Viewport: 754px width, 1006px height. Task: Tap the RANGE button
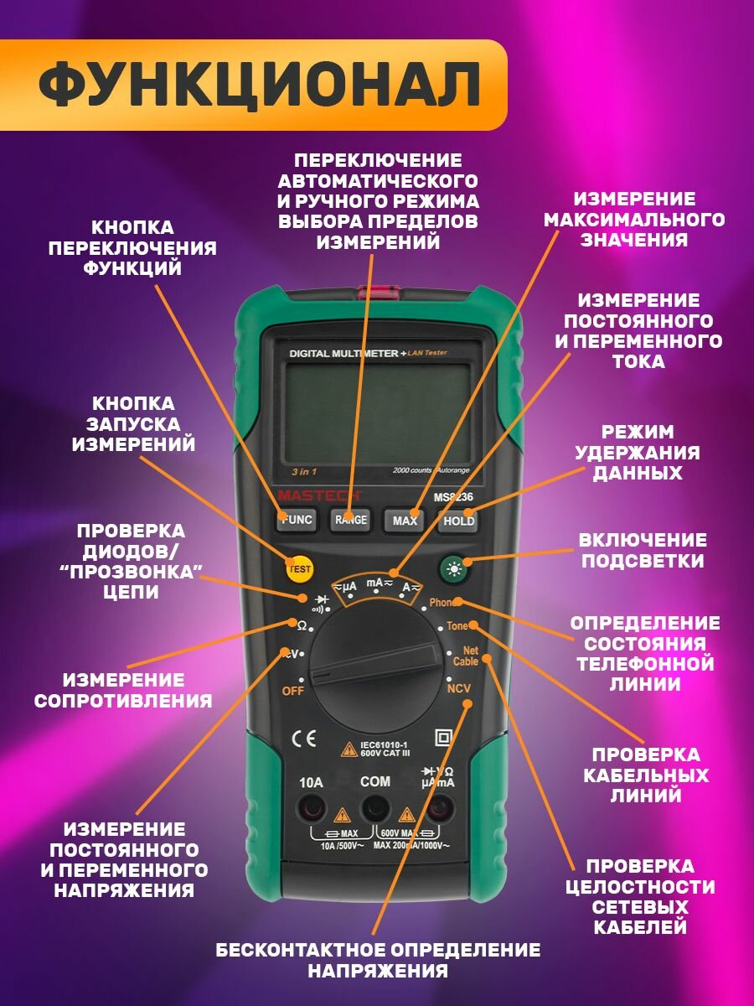tap(351, 520)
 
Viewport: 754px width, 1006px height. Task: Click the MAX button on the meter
tap(405, 521)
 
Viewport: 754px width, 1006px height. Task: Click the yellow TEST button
tap(299, 569)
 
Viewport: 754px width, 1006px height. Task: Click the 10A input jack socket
tap(312, 810)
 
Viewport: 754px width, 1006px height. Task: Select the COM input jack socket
tap(374, 810)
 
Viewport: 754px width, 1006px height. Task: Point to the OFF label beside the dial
tap(292, 691)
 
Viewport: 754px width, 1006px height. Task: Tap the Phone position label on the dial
tap(442, 603)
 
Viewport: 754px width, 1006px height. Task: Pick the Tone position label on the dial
tap(457, 626)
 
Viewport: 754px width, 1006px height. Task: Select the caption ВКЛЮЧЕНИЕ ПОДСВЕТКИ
tap(643, 550)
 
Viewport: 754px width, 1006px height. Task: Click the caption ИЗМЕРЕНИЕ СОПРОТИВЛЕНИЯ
tap(123, 690)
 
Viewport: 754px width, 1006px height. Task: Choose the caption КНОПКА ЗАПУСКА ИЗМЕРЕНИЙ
tap(133, 424)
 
